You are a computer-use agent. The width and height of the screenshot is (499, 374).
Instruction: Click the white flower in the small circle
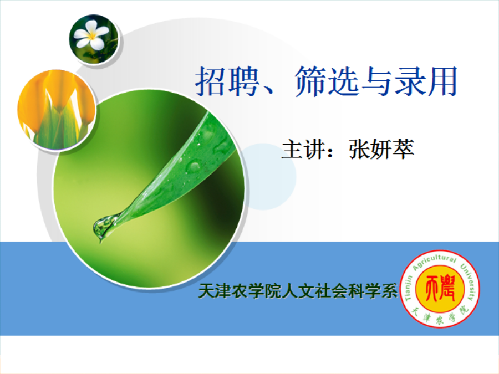pos(91,35)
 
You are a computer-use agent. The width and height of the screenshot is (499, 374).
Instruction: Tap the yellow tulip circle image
pos(57,110)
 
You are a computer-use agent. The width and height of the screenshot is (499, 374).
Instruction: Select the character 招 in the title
pos(210,81)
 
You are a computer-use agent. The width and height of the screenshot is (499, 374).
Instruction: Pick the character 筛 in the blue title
pos(311,81)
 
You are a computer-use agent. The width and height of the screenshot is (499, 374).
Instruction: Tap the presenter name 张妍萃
pos(381,149)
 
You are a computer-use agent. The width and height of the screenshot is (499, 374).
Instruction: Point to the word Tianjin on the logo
pos(409,288)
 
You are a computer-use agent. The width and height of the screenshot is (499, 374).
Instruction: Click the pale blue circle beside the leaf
pos(271,177)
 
